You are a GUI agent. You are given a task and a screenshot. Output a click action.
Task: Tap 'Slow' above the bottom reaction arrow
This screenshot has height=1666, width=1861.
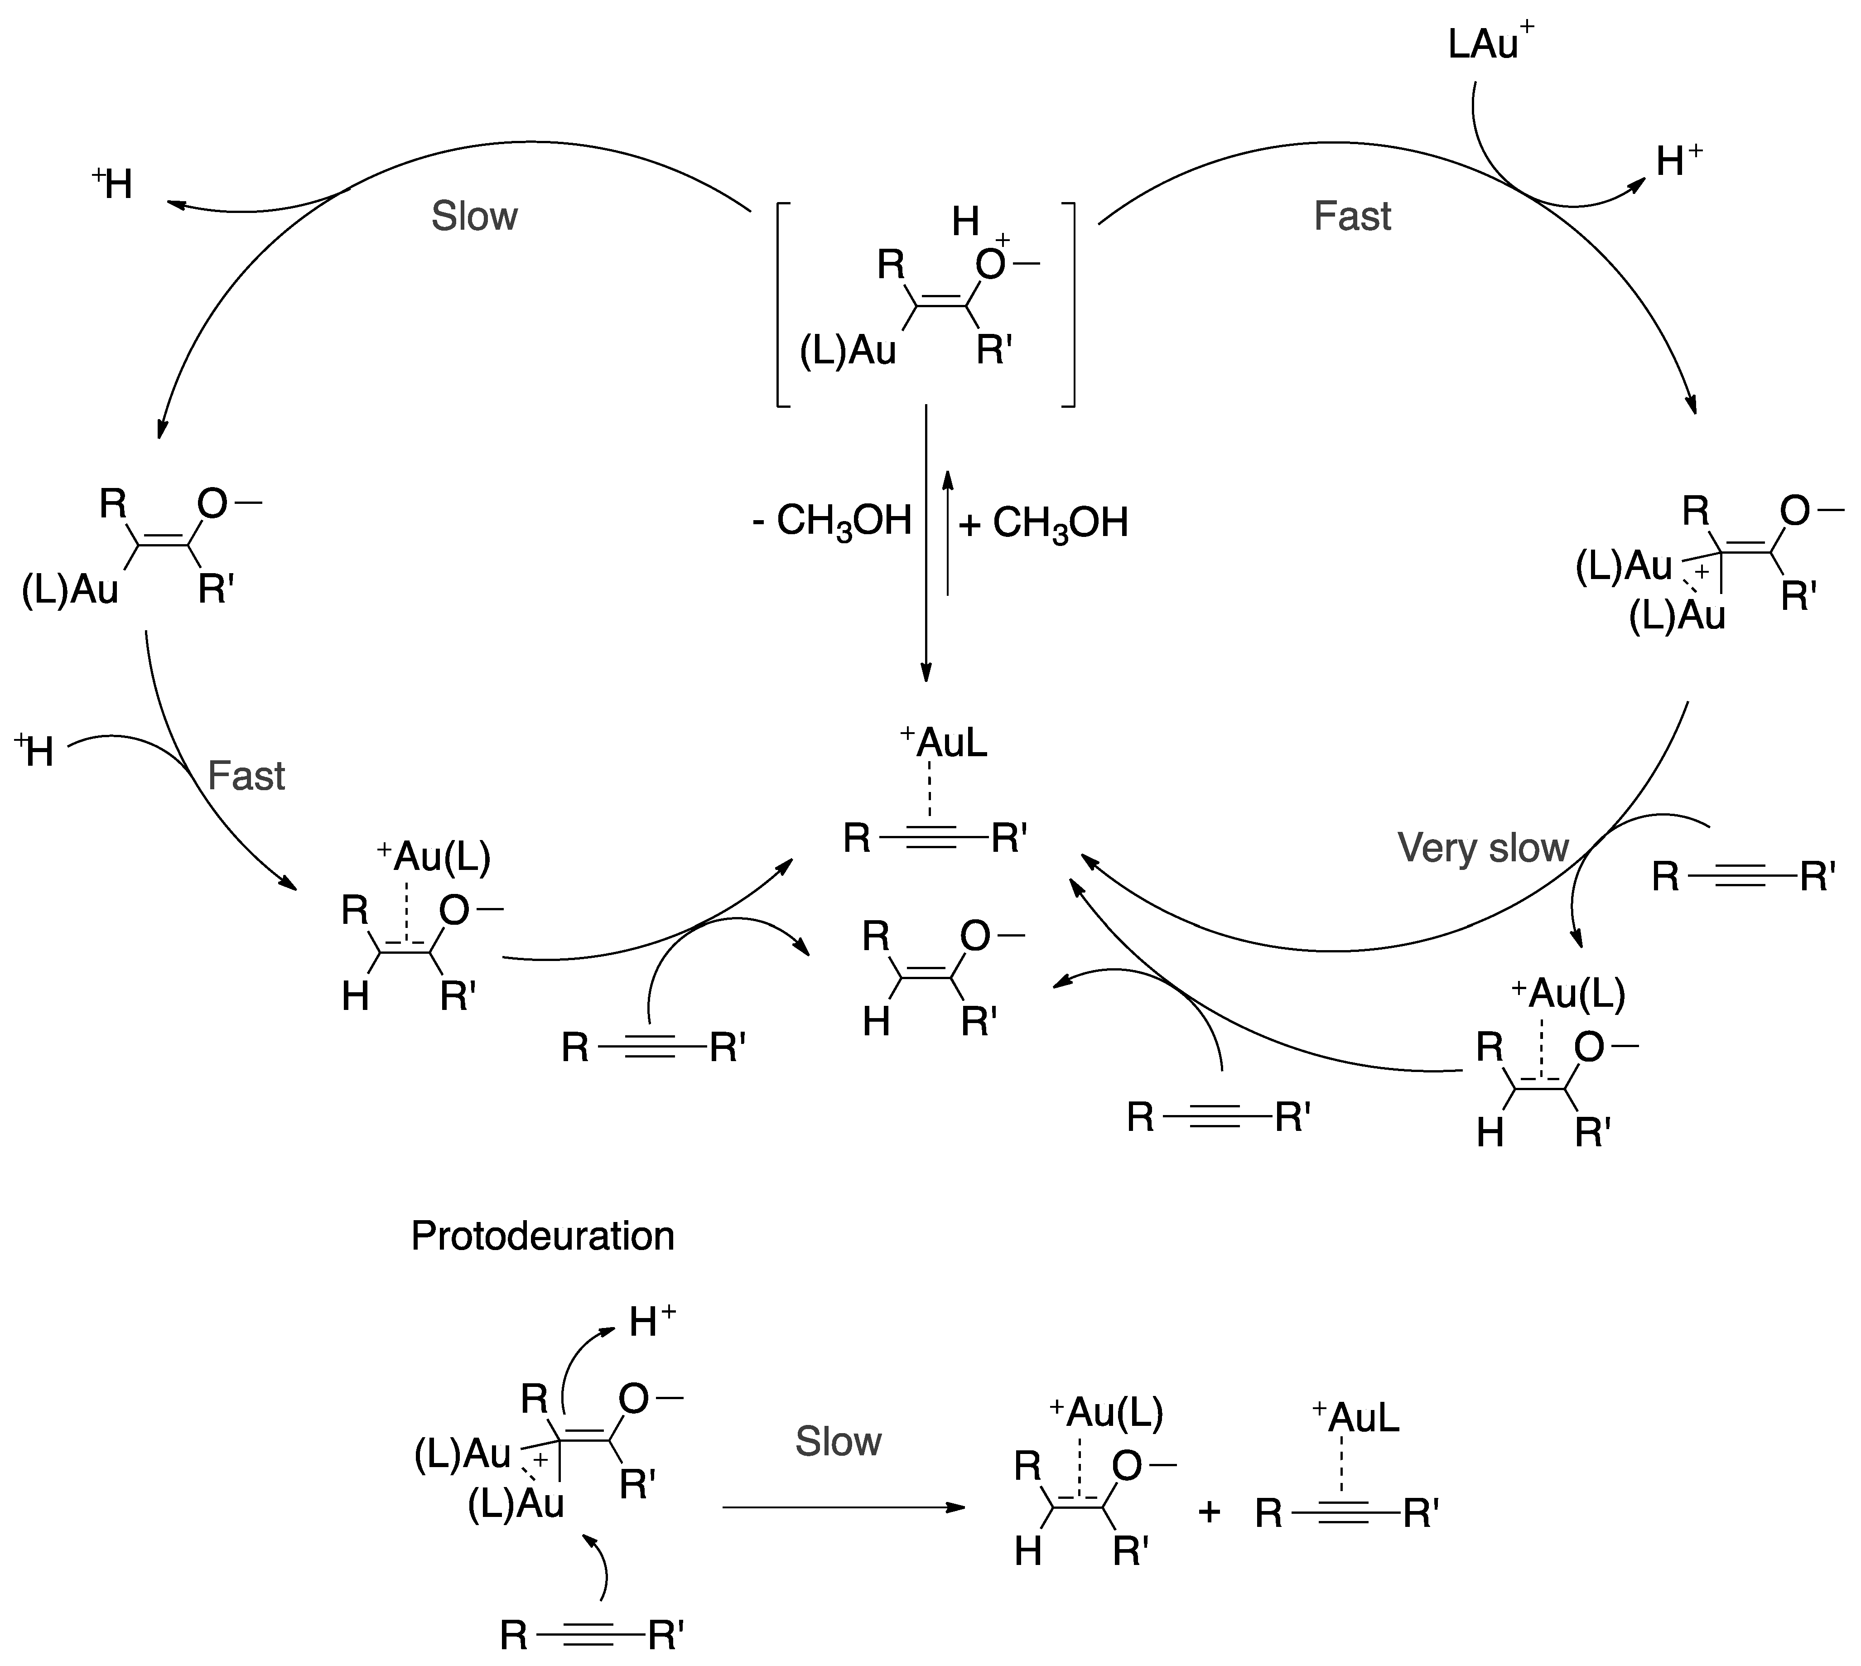coord(838,1442)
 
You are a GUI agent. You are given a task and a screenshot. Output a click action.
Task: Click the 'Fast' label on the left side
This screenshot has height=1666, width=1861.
coord(246,776)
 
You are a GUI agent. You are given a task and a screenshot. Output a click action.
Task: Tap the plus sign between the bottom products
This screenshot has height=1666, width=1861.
coord(1209,1511)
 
